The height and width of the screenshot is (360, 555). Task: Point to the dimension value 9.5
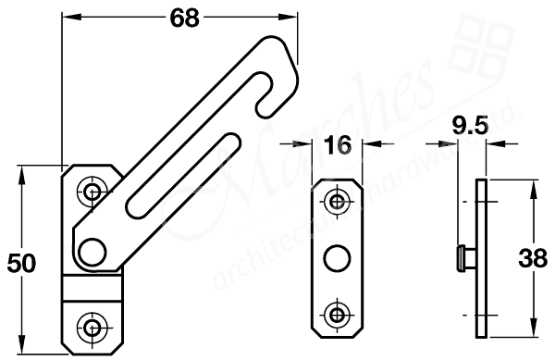[469, 127]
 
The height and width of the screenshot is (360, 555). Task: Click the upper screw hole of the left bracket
[91, 192]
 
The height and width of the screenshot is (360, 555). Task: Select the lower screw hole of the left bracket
[91, 325]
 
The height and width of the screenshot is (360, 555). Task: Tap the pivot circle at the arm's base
[92, 250]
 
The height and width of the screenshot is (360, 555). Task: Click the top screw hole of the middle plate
[338, 201]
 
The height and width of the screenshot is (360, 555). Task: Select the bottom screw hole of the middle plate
[338, 311]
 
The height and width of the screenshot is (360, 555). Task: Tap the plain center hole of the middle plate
[338, 256]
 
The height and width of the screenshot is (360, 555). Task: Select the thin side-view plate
[481, 256]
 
